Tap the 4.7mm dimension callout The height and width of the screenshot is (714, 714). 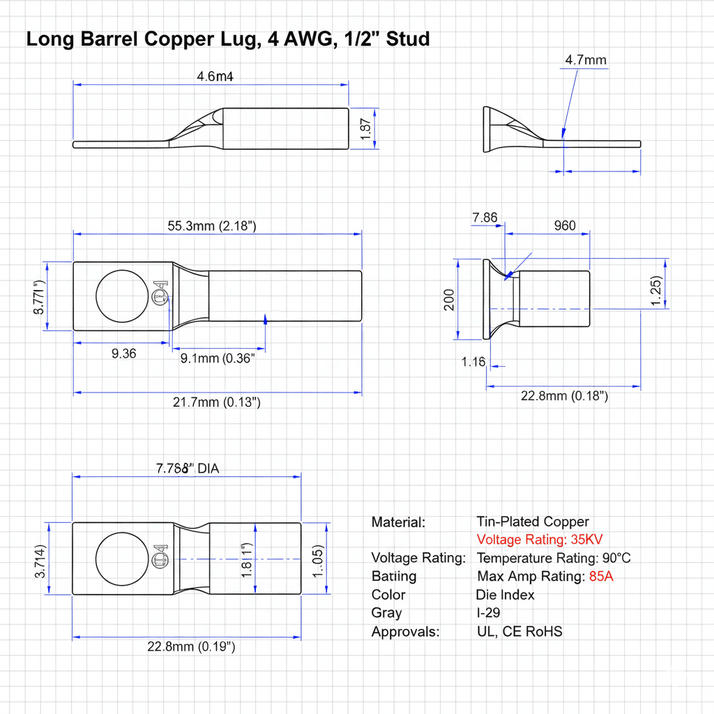(586, 60)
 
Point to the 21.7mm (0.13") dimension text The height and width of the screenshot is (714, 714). (216, 402)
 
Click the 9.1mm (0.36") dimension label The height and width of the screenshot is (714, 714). (218, 358)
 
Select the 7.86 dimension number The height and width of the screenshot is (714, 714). (485, 218)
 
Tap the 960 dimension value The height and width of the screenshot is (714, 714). (565, 225)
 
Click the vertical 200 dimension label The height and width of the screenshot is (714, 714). (448, 299)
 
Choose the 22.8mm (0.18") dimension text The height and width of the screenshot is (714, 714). (564, 396)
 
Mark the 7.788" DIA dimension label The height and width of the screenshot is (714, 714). (187, 469)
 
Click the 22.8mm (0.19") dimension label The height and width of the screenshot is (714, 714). (191, 646)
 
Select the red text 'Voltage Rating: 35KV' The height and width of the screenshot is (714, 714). (540, 540)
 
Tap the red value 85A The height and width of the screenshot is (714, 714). (600, 577)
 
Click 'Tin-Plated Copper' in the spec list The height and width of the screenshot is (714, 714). (533, 522)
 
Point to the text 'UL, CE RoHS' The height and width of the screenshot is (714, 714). (519, 632)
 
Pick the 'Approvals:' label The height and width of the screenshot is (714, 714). (406, 632)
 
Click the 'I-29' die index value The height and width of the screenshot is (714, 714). (488, 613)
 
